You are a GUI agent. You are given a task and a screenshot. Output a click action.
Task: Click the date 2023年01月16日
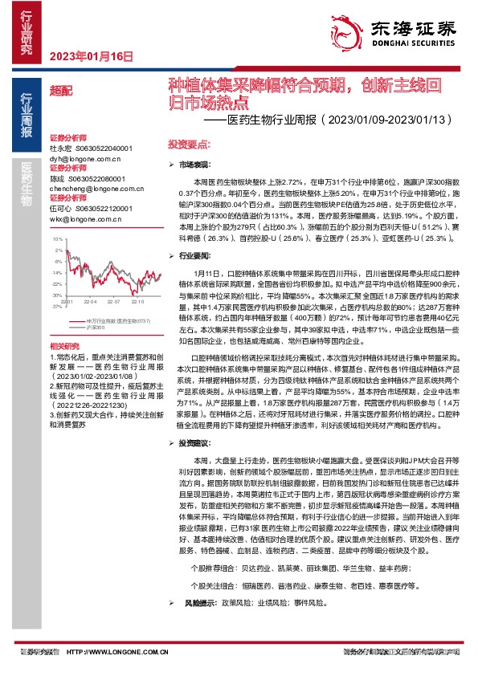[91, 55]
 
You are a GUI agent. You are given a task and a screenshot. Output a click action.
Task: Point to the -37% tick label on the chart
[57, 306]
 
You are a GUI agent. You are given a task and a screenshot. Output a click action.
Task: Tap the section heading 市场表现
[194, 164]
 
